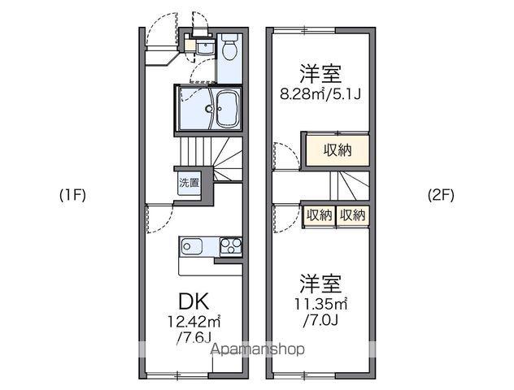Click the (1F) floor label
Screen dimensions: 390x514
tap(72, 195)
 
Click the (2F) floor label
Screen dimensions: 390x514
tap(442, 195)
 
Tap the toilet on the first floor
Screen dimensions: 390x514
tap(229, 50)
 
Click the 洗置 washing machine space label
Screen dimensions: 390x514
tap(189, 182)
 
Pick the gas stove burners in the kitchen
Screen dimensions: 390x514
tap(229, 245)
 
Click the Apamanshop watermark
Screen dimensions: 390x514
tap(258, 349)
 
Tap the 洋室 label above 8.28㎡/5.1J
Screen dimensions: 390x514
tap(320, 73)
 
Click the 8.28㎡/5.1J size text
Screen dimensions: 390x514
tap(320, 94)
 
